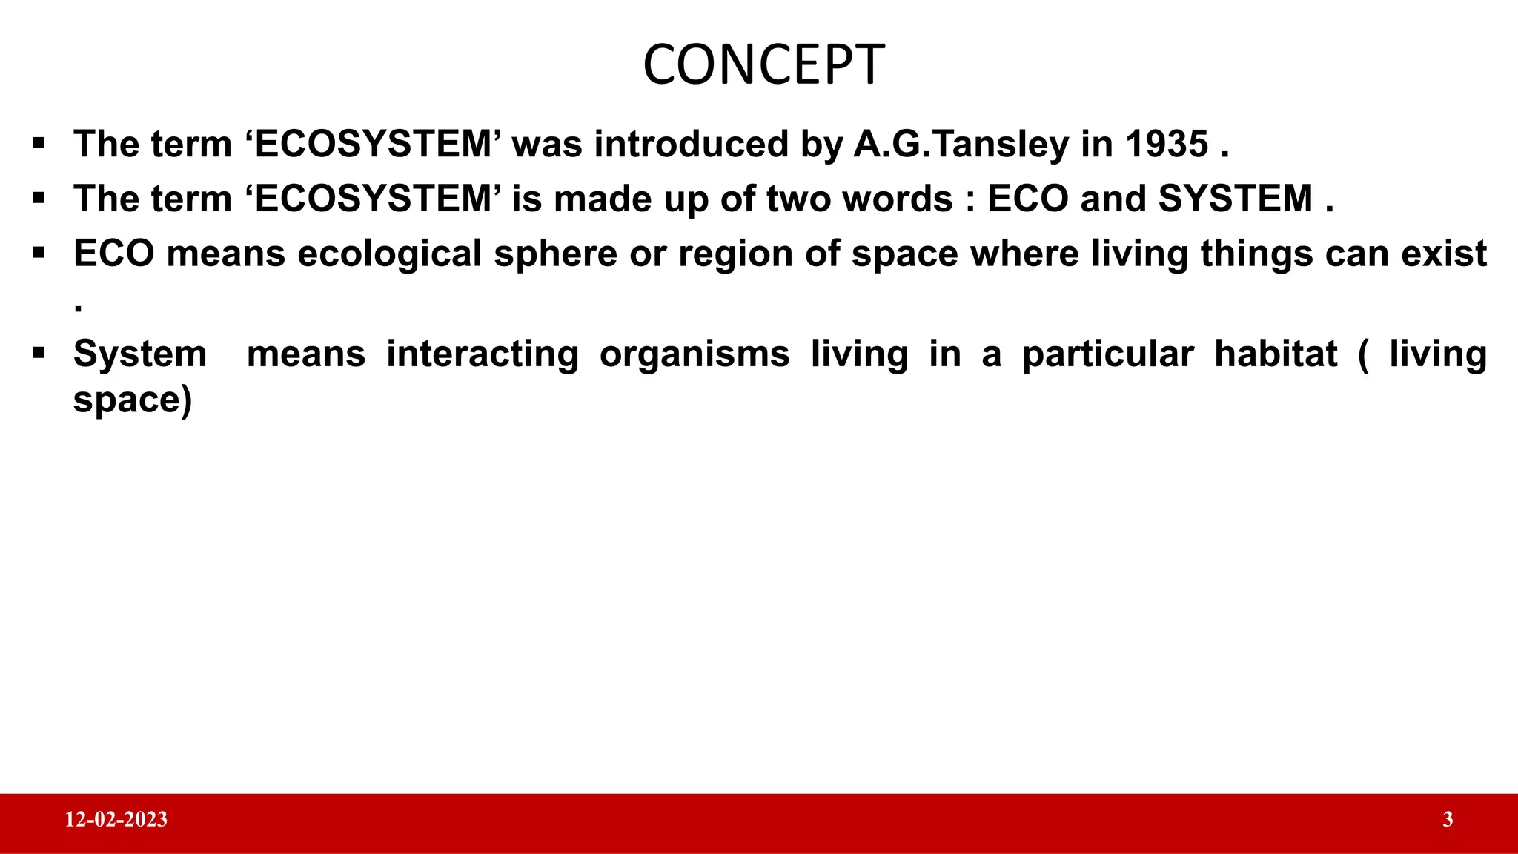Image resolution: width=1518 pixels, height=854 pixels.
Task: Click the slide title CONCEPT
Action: click(x=763, y=65)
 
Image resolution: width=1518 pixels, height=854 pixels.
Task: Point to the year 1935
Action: click(x=1167, y=144)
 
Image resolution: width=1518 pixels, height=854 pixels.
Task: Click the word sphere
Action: click(x=555, y=254)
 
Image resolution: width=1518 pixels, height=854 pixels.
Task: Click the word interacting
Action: click(x=483, y=354)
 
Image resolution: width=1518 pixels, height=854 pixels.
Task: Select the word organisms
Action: click(x=695, y=354)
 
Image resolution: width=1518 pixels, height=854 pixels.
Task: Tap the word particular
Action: click(x=1107, y=354)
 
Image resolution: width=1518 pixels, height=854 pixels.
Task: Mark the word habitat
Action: click(x=1276, y=354)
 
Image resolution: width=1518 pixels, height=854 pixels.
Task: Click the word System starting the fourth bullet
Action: click(x=140, y=354)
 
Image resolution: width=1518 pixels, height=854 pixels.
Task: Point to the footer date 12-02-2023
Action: click(x=116, y=820)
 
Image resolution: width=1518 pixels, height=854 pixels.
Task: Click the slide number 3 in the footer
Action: click(x=1448, y=820)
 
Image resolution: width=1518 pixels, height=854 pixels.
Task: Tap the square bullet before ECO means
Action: click(x=39, y=254)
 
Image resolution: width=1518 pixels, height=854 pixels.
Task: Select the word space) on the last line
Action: click(x=133, y=400)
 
